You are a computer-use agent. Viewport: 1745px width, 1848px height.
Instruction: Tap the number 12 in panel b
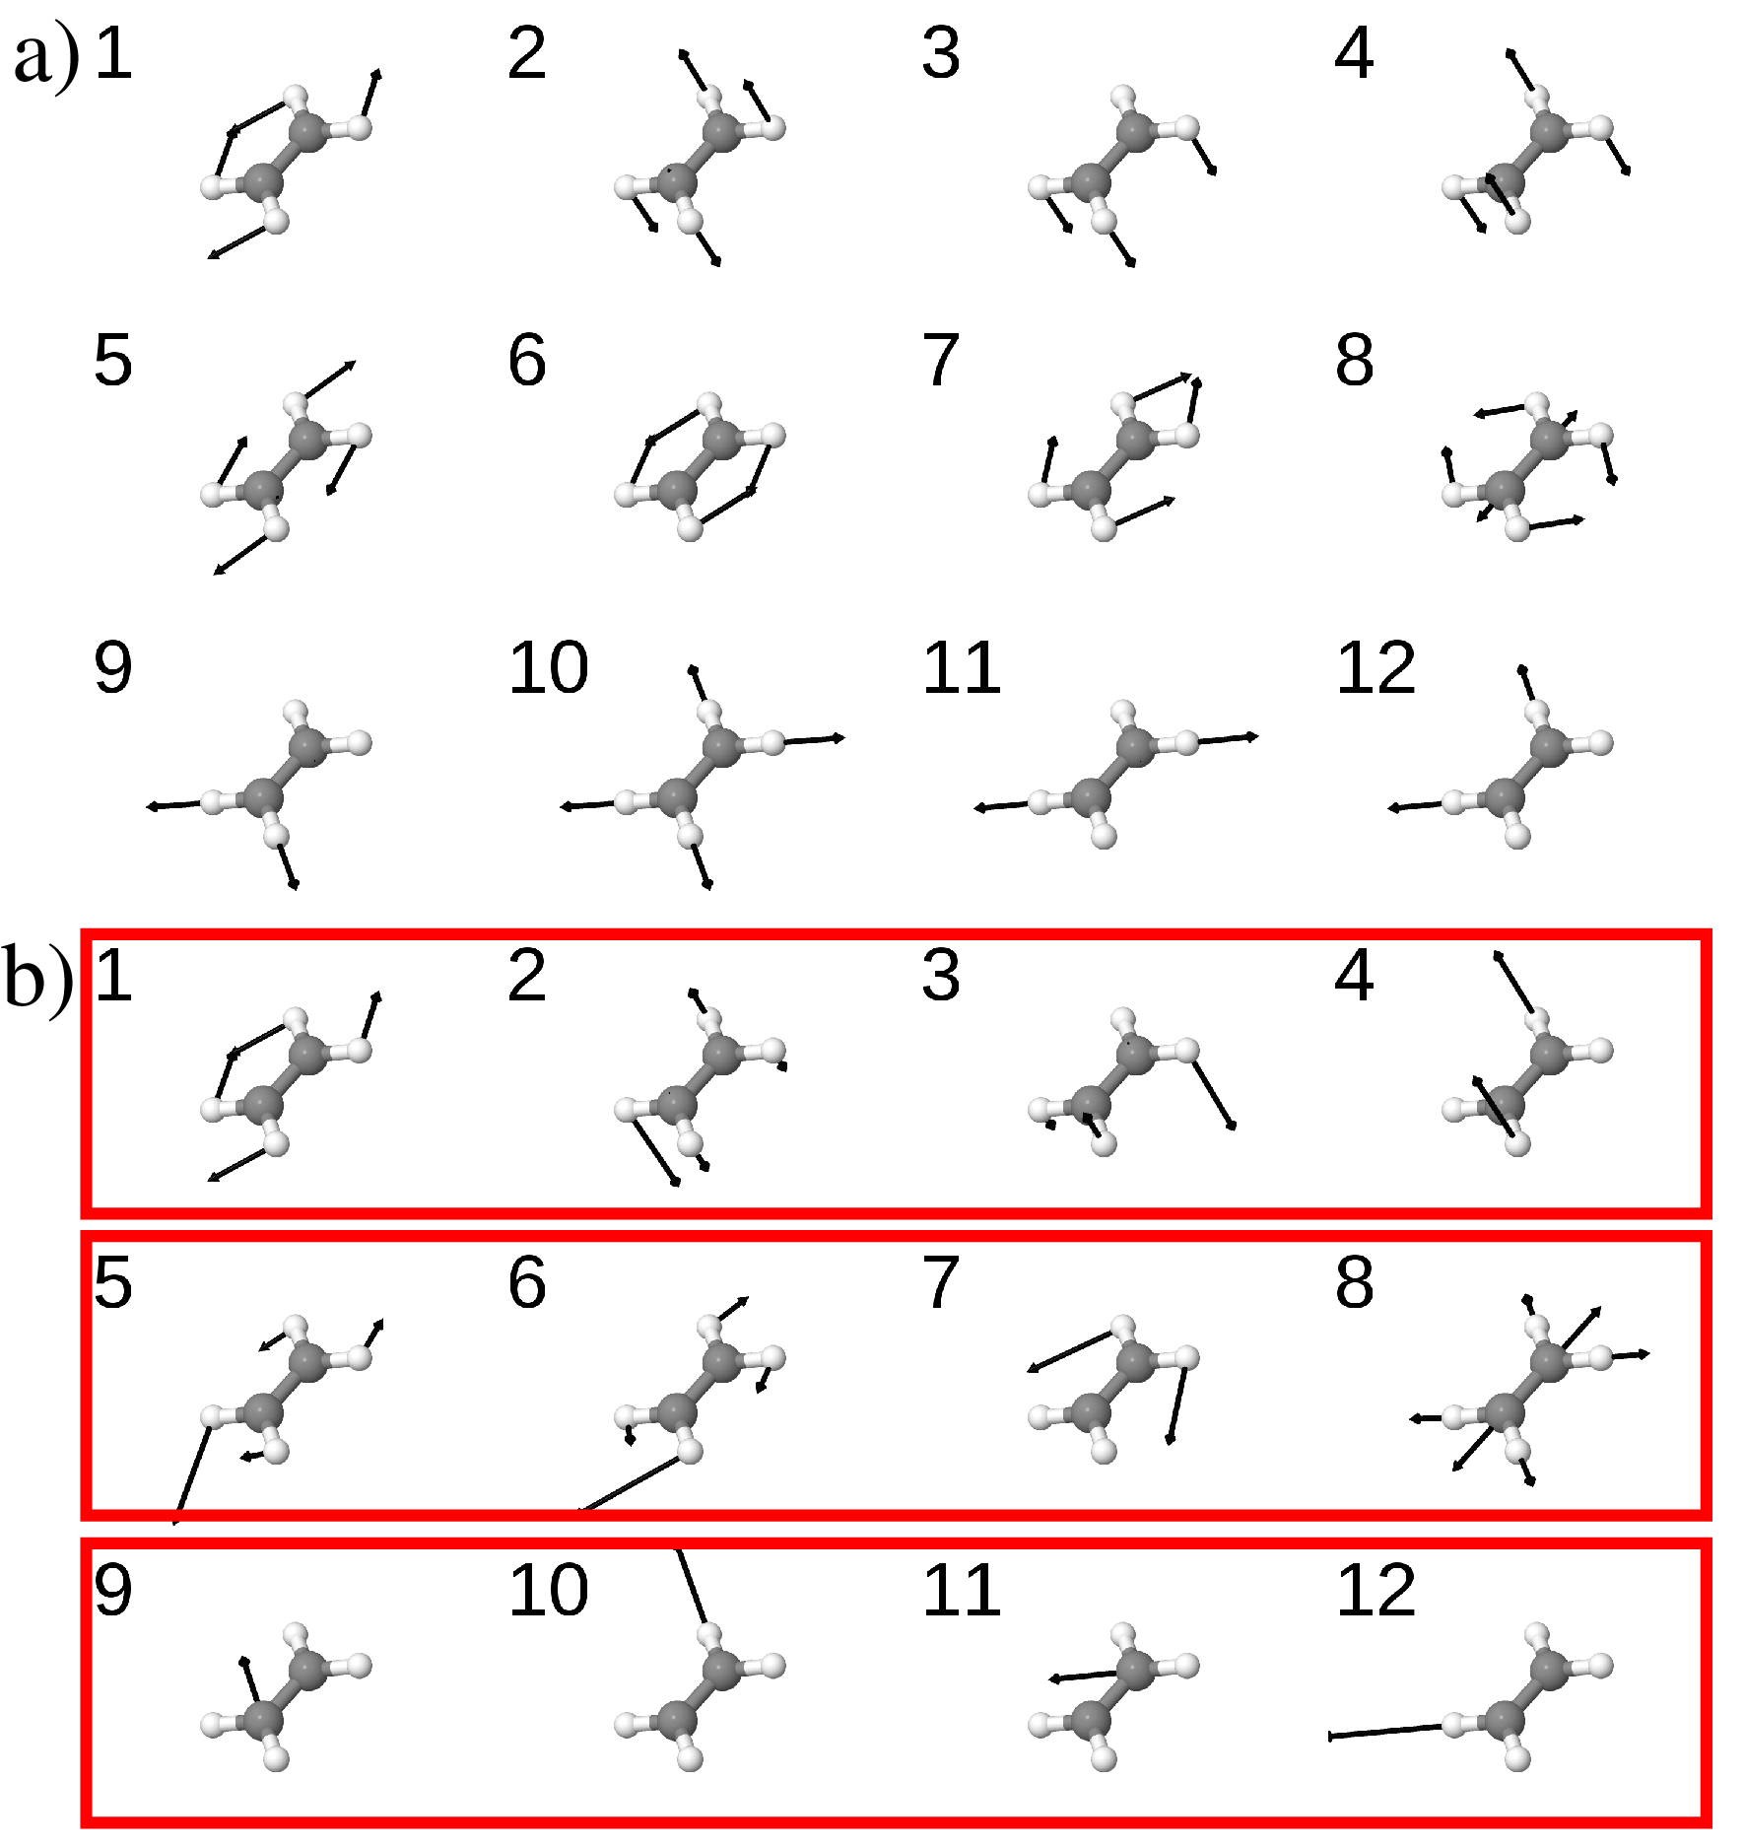1376,1590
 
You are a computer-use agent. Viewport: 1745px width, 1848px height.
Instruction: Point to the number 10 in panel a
549,667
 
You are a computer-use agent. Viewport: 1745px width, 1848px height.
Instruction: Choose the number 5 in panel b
113,1282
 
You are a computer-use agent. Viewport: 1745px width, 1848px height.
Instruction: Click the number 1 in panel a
113,53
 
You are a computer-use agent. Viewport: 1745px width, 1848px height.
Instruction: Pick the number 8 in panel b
1355,1282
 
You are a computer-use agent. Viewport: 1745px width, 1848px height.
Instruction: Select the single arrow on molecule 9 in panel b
250,1678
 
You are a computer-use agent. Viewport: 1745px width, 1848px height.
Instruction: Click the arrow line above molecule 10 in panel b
691,1586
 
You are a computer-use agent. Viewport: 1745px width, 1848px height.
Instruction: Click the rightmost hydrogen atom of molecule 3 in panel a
1187,127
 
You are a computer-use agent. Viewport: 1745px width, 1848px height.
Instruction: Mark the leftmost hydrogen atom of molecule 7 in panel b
1040,1417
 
